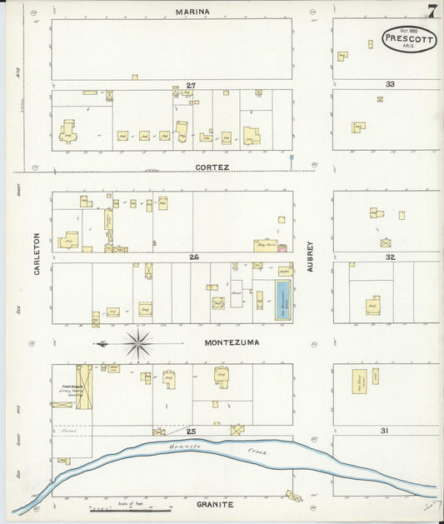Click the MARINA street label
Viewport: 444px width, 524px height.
pos(192,12)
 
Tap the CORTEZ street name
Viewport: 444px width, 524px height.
pos(212,167)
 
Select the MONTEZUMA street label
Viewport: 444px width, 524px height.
pos(232,342)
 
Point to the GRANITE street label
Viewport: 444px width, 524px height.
pos(215,505)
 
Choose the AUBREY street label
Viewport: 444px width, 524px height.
pos(309,256)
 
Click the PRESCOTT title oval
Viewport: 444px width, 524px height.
pos(409,38)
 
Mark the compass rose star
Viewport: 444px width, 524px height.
pos(138,342)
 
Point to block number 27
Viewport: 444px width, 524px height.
pos(191,85)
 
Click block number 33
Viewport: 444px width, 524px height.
pos(389,85)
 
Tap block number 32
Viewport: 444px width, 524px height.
pos(389,257)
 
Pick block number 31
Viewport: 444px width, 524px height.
pos(384,430)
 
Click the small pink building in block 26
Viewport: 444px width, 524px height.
pos(282,247)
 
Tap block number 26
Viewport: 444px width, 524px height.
pos(193,257)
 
